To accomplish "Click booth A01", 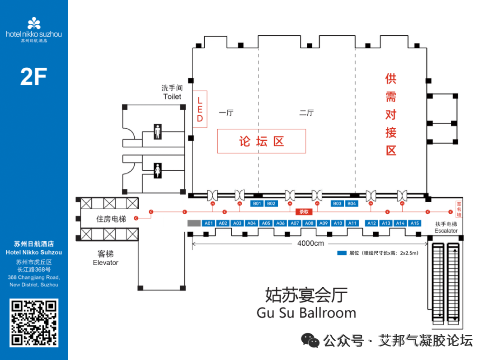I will click(x=208, y=223).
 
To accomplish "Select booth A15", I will click(x=415, y=223).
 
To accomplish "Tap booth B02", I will click(x=271, y=204).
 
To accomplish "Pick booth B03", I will click(x=337, y=204).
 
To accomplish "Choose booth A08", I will click(x=309, y=223).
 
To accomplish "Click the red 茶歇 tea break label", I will click(x=303, y=211).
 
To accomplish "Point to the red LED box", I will click(x=200, y=109).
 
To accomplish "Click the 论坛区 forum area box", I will click(x=262, y=141).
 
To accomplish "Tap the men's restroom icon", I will click(x=157, y=131).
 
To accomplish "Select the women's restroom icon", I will click(x=157, y=171).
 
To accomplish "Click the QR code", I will click(x=34, y=323).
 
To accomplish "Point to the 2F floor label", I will click(x=33, y=77).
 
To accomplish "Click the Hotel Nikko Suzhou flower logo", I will click(x=34, y=23).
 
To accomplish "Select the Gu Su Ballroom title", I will click(x=306, y=313).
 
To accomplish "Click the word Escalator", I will click(x=446, y=231).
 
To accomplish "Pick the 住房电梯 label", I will click(x=111, y=219).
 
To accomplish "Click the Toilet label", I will click(x=172, y=97).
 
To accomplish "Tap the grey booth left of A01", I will click(x=194, y=223).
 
